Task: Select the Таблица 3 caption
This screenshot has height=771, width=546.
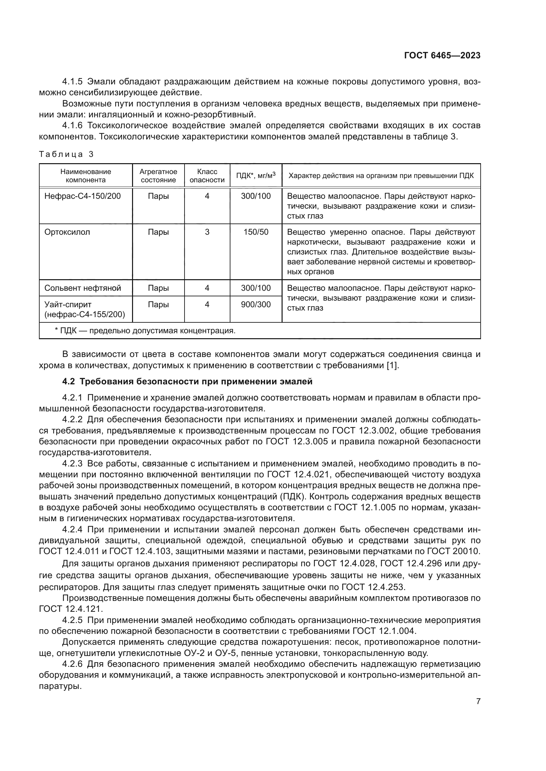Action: (66, 154)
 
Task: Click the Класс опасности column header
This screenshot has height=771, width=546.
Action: (207, 176)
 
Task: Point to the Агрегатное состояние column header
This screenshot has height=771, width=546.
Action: (158, 176)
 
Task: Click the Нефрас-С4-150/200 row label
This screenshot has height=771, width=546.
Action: (83, 196)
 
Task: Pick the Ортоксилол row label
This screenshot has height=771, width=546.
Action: (67, 232)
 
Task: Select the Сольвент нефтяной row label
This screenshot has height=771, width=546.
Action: (83, 288)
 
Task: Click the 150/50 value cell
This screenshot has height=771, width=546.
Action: (256, 232)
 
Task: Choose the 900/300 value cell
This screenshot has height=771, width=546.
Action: (256, 304)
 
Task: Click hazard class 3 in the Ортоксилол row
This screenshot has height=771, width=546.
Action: (207, 232)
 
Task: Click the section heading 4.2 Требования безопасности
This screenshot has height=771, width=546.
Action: (188, 381)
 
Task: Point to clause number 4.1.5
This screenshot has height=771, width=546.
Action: (72, 82)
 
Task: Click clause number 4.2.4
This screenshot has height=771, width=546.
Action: (72, 530)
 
